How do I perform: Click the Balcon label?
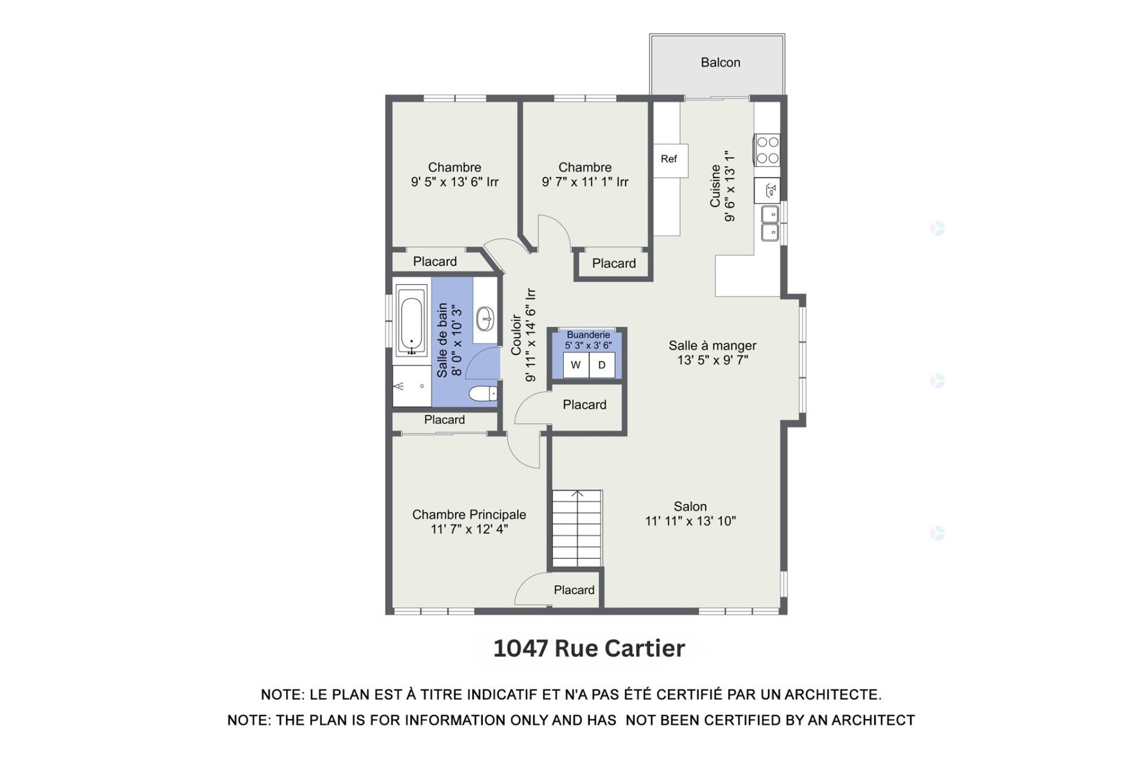point(720,63)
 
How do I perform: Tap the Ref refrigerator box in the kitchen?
point(669,159)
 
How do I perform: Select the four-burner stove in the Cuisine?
point(767,150)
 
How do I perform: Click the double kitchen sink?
point(770,223)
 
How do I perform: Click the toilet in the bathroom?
point(483,394)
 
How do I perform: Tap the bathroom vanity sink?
point(485,319)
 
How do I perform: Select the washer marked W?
point(576,365)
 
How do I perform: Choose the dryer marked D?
point(602,365)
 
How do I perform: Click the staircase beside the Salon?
point(577,529)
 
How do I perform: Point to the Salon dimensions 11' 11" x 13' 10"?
point(690,521)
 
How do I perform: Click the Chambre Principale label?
point(469,514)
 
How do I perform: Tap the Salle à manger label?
point(712,345)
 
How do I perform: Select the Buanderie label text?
point(588,335)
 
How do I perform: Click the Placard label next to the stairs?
point(574,590)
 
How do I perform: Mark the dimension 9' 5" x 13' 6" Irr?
point(454,182)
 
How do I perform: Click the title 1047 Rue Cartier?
point(589,648)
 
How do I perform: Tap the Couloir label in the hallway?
point(516,335)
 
